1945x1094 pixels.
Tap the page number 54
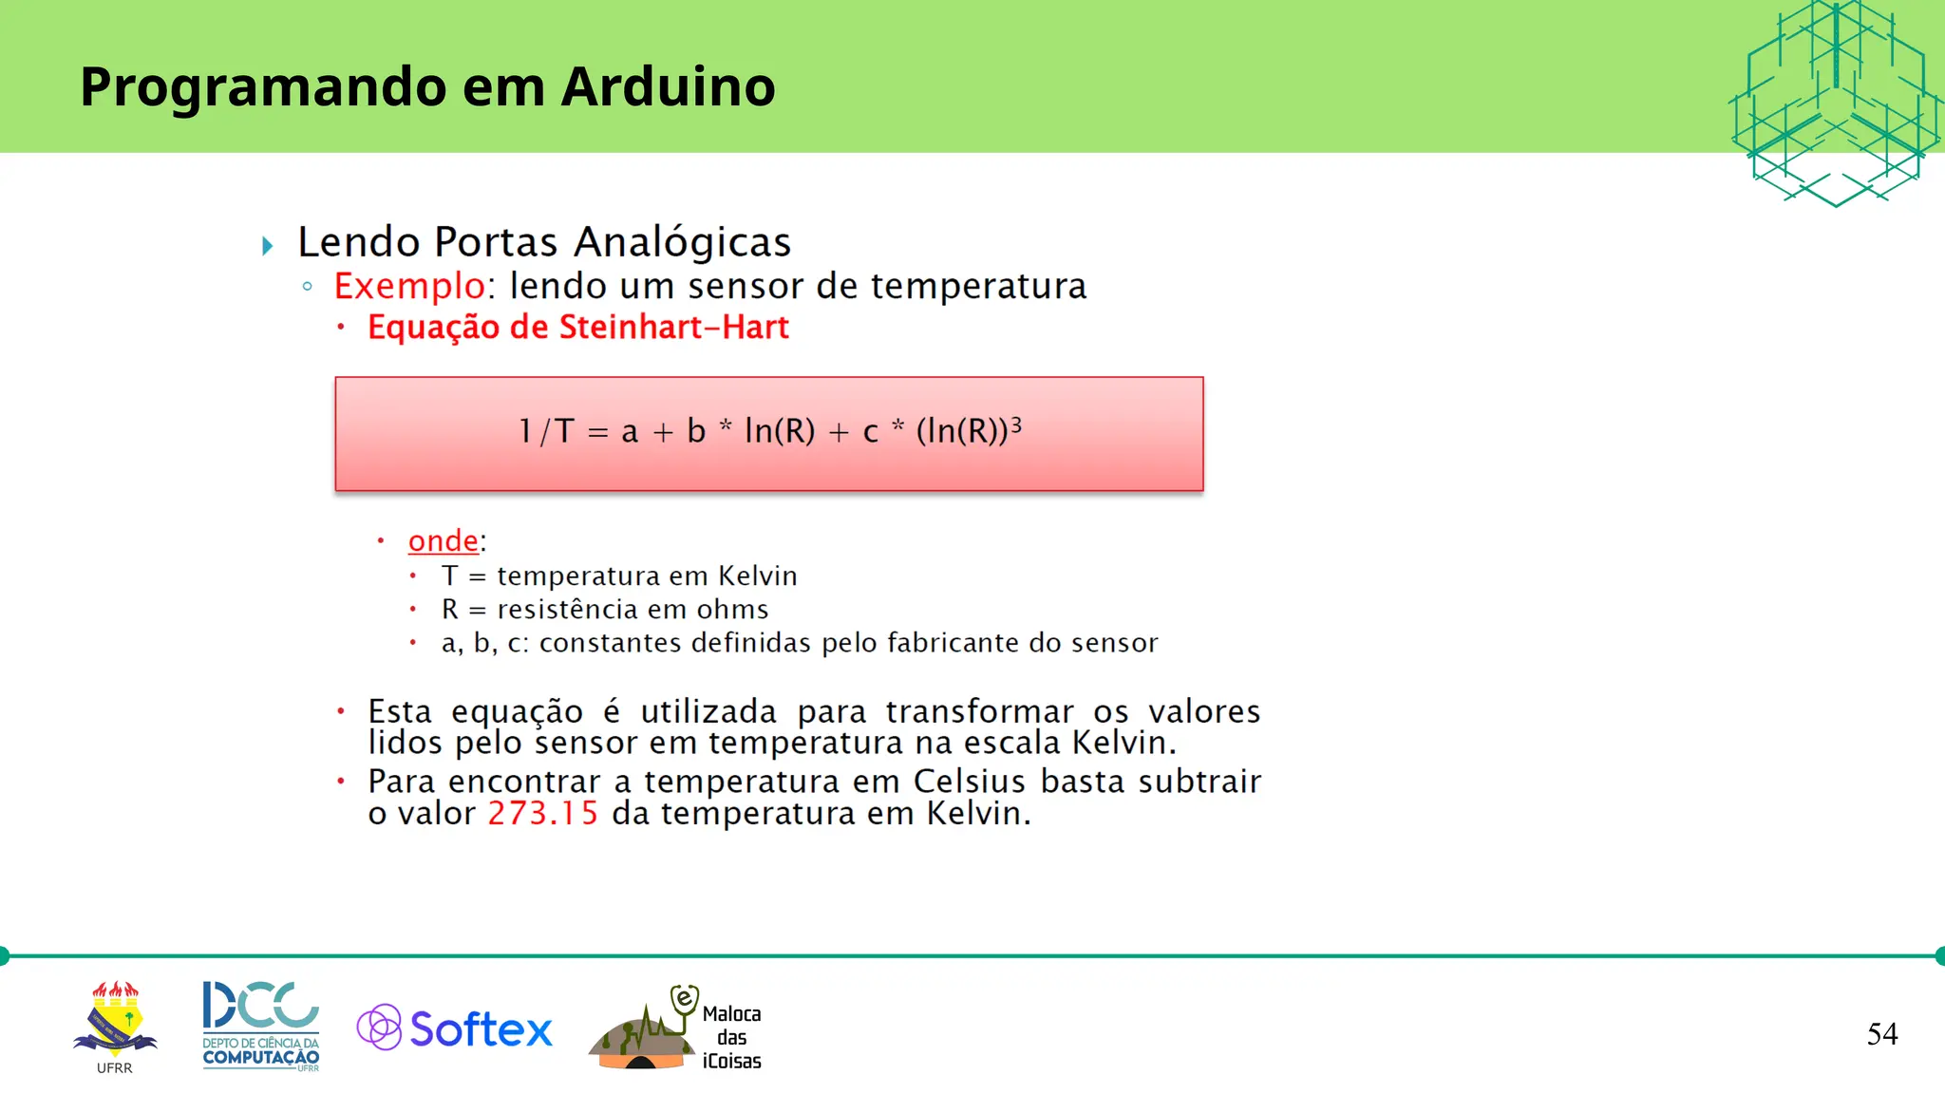pos(1881,1033)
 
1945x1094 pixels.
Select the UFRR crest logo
pos(115,1024)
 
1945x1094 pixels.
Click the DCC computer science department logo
pos(260,1026)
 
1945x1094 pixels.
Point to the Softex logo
pos(455,1028)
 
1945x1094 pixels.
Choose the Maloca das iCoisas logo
pos(675,1028)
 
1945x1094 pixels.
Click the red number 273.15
pos(542,814)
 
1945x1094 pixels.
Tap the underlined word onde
pos(443,540)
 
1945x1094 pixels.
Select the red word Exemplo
pos(409,286)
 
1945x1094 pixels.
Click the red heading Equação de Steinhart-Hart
pos(577,328)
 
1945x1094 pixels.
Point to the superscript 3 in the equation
pos(1015,424)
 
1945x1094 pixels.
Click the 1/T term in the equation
pos(546,431)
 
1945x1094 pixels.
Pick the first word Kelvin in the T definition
pos(757,575)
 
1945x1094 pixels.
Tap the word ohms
pos(732,609)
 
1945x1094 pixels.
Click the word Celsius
pos(969,782)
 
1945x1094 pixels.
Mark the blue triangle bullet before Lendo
pos(268,246)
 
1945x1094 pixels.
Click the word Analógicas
pos(682,242)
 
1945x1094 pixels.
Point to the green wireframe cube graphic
pos(1835,103)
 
